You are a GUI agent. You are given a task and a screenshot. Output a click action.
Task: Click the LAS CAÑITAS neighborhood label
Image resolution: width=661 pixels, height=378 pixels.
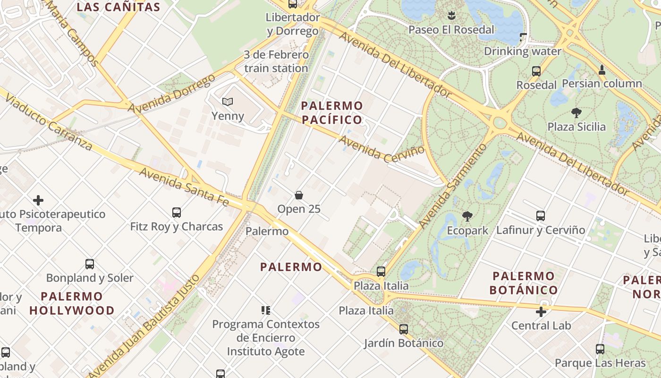[119, 7]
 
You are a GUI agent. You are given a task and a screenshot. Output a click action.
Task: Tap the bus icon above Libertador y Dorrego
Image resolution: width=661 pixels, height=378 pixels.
[293, 4]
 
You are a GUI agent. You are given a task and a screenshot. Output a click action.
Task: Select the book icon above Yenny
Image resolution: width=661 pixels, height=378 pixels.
[228, 102]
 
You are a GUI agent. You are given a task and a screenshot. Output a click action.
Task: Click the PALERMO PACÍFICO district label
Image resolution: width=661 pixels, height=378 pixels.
[332, 112]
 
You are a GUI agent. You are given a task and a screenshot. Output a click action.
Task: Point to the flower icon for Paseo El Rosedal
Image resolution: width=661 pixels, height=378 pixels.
[451, 16]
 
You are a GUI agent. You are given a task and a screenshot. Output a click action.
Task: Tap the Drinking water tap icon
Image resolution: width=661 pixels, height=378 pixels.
[523, 37]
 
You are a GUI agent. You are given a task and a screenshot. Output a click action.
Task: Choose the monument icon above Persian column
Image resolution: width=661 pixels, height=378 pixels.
[602, 70]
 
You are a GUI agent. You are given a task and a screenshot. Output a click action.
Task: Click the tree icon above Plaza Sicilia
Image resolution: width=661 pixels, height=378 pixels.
[576, 113]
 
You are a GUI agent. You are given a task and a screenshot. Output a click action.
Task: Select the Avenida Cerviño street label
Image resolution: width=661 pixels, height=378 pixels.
[381, 150]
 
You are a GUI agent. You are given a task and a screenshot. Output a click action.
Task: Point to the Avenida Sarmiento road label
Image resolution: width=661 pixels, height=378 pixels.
[452, 185]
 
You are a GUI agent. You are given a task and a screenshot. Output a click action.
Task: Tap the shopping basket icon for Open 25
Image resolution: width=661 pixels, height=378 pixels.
[299, 195]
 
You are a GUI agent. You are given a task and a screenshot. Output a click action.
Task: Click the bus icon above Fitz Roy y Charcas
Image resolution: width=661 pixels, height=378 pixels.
[177, 213]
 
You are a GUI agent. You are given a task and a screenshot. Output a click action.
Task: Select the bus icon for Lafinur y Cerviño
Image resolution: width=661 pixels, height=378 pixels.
[541, 216]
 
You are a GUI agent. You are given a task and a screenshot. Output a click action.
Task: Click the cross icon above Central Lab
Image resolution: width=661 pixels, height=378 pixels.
[541, 312]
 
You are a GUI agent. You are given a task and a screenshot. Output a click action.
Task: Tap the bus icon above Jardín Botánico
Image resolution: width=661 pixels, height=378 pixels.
[404, 329]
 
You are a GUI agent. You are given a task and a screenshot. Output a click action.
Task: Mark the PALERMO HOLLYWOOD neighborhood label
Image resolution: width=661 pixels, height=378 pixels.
[72, 303]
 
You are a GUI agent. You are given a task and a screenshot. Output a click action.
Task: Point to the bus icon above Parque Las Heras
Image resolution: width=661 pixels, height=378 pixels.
[600, 349]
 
